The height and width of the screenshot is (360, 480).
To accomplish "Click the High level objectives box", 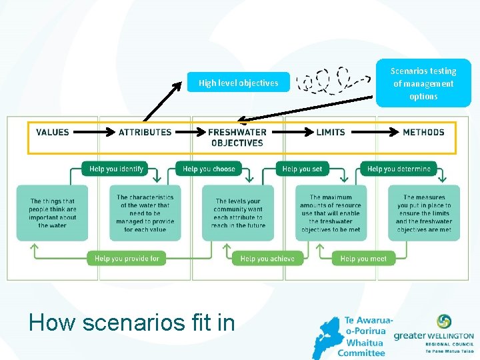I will pyautogui.click(x=238, y=83).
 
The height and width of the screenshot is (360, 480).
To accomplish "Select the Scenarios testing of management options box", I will pyautogui.click(x=424, y=83).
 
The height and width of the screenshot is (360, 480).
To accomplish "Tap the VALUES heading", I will pyautogui.click(x=53, y=132).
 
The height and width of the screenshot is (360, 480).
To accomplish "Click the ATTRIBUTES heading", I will pyautogui.click(x=145, y=132).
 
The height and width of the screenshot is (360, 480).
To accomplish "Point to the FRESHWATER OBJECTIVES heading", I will pyautogui.click(x=237, y=137).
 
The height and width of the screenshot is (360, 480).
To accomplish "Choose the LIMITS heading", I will pyautogui.click(x=331, y=132).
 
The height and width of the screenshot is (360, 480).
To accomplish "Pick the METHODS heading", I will pyautogui.click(x=423, y=132).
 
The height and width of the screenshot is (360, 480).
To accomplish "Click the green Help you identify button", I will pyautogui.click(x=116, y=169).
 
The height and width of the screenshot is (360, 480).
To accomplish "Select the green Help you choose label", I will pyautogui.click(x=209, y=169).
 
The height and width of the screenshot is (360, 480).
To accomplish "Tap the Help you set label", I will pyautogui.click(x=302, y=169).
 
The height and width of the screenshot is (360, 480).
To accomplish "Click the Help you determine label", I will pyautogui.click(x=398, y=169).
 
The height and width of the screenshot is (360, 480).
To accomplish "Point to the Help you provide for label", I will pyautogui.click(x=126, y=258).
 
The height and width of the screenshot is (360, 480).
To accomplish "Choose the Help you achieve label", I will pyautogui.click(x=267, y=258).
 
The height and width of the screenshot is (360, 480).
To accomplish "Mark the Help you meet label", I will pyautogui.click(x=363, y=258).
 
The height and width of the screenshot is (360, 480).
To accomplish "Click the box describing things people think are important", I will pyautogui.click(x=52, y=213).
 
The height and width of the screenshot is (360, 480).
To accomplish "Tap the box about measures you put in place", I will pyautogui.click(x=423, y=213).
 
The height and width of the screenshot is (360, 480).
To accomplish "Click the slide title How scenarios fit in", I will pyautogui.click(x=132, y=323).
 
